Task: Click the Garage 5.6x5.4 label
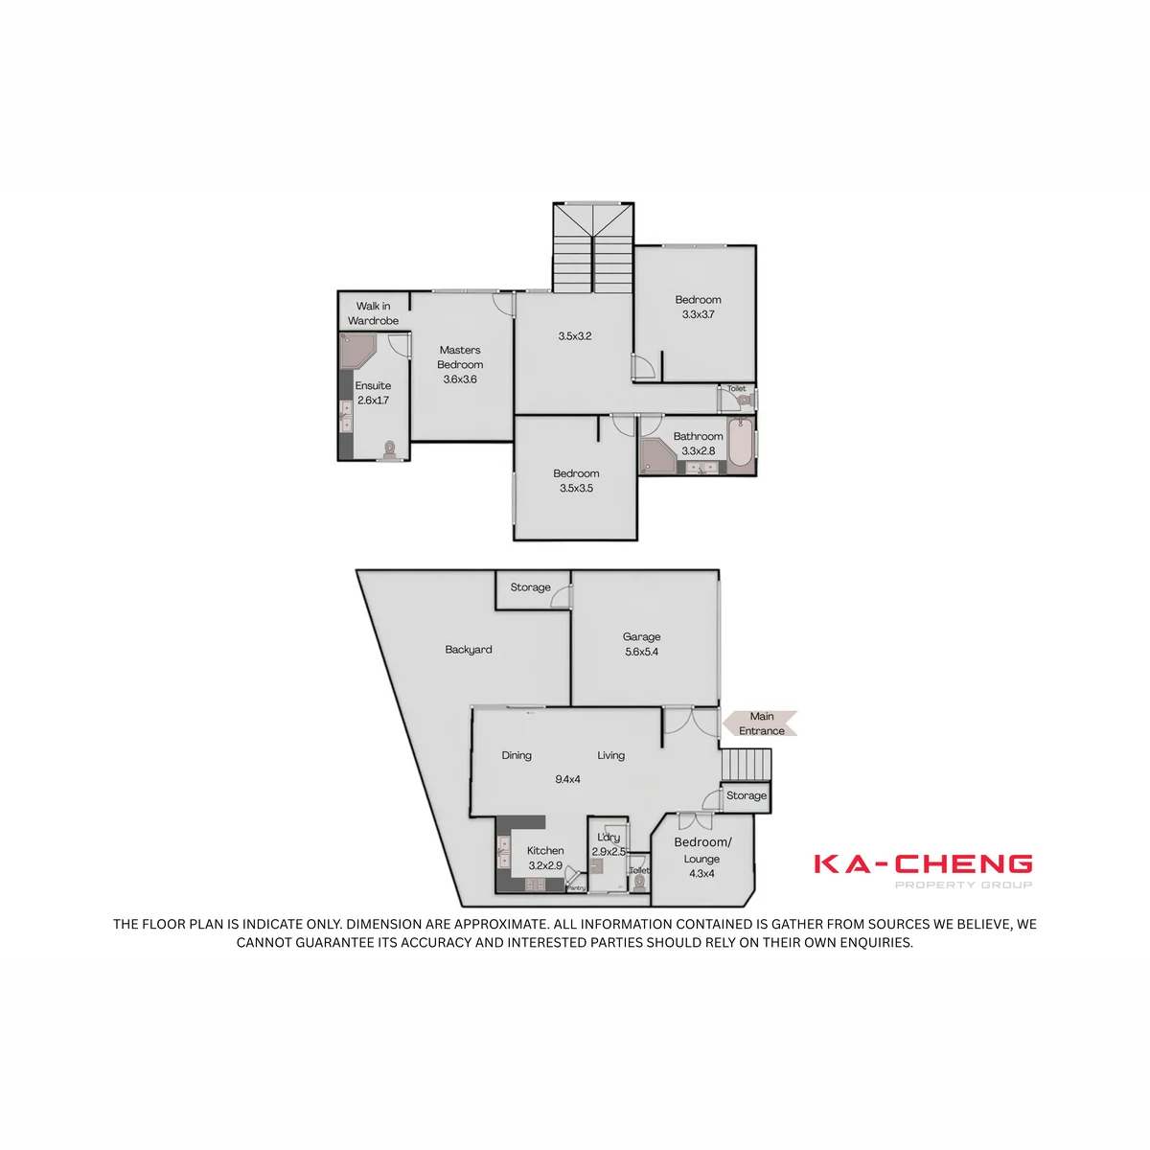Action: [641, 644]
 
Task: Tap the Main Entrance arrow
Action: [759, 724]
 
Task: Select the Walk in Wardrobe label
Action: [373, 313]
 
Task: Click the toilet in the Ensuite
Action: [390, 449]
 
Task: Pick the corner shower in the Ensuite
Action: [357, 352]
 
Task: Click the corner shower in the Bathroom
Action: [658, 456]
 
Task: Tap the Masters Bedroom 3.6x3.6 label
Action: [460, 364]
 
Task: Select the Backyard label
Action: [469, 650]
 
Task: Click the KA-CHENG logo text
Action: [923, 863]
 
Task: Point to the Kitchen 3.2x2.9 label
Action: [545, 858]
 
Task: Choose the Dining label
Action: [517, 755]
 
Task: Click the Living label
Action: [611, 755]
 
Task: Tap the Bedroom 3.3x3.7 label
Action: [698, 307]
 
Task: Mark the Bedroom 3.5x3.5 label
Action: [576, 480]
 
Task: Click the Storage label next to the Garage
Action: [530, 587]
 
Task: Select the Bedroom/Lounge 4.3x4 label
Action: [702, 858]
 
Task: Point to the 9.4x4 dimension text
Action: [567, 779]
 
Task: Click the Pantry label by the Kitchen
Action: [576, 888]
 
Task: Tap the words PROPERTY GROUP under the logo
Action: [963, 885]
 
